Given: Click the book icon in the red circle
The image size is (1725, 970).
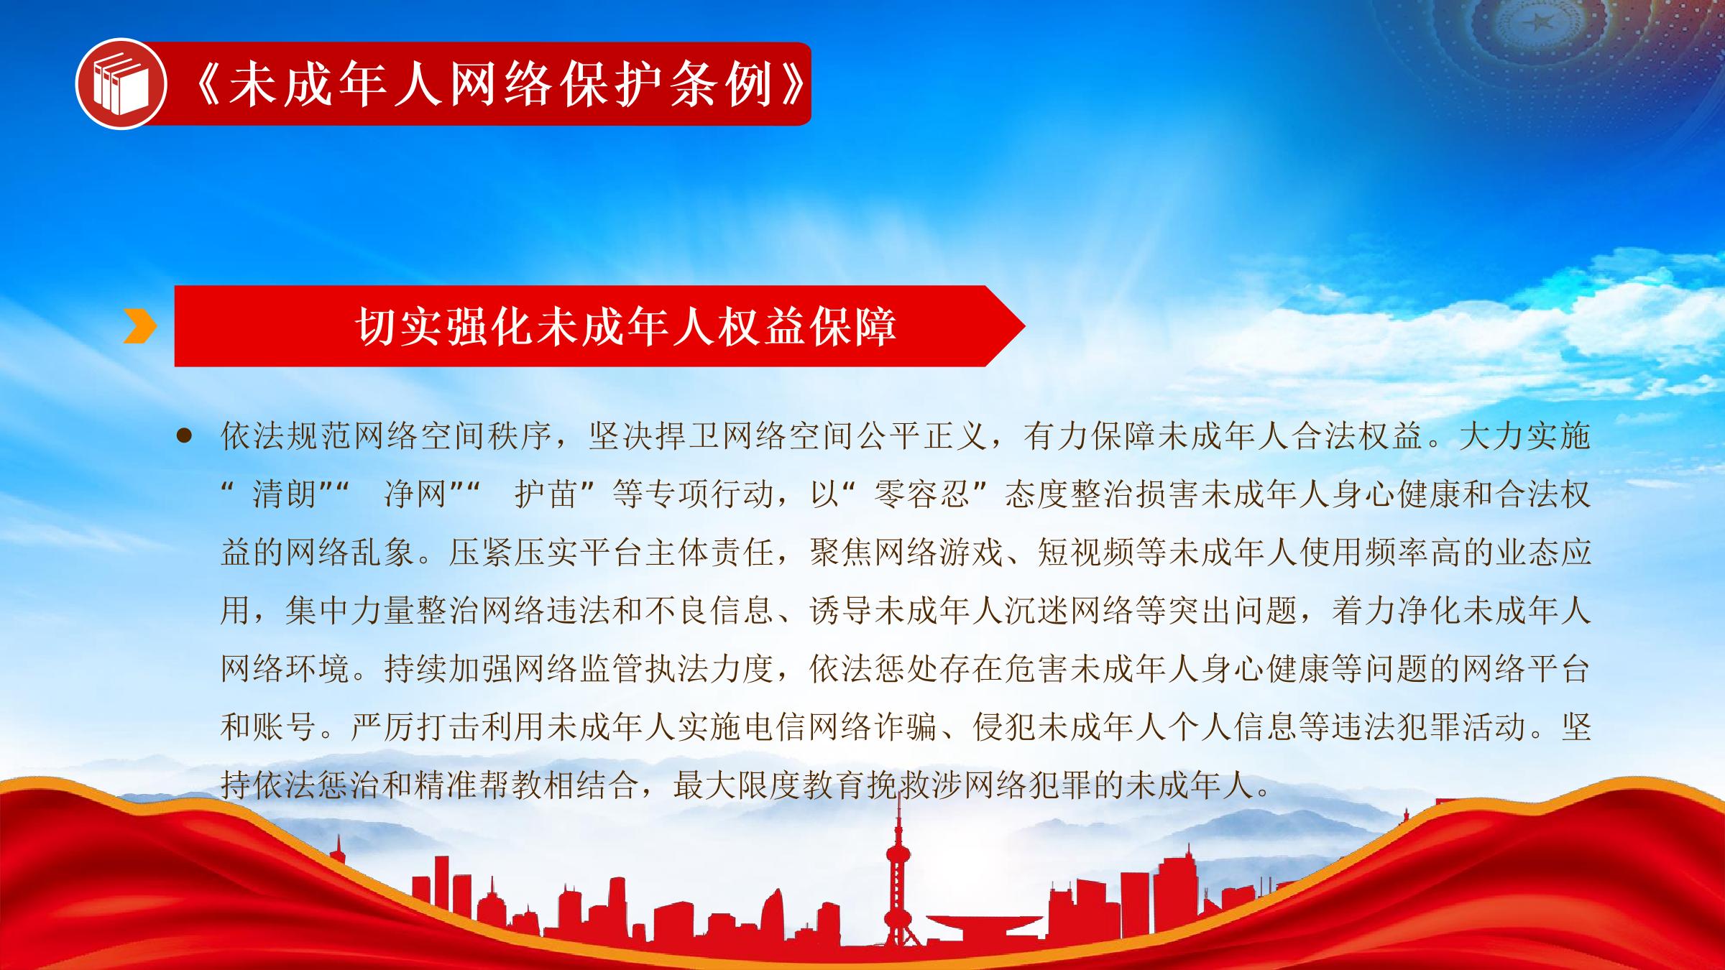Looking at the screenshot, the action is pyautogui.click(x=121, y=84).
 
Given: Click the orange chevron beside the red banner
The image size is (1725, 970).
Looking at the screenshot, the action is pyautogui.click(x=139, y=326).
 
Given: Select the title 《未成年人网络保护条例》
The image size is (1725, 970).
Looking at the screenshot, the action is pyautogui.click(x=500, y=84).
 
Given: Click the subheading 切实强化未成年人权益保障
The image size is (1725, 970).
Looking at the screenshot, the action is pyautogui.click(x=625, y=326).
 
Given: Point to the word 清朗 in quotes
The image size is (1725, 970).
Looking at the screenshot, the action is pyautogui.click(x=284, y=494).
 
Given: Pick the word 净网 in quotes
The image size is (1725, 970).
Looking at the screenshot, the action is pyautogui.click(x=415, y=494).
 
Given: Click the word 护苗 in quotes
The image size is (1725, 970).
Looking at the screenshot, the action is pyautogui.click(x=546, y=494).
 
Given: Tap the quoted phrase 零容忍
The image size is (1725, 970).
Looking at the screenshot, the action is pyautogui.click(x=922, y=494).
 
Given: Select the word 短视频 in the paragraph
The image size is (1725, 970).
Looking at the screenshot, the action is pyautogui.click(x=1086, y=553).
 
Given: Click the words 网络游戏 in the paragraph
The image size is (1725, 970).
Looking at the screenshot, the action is pyautogui.click(x=939, y=553).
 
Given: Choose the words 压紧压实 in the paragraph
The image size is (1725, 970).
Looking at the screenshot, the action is pyautogui.click(x=514, y=553).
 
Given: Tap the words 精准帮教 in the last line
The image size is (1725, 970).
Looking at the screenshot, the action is pyautogui.click(x=479, y=785).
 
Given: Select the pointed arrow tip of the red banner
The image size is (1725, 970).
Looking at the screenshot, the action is pyautogui.click(x=1024, y=326).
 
